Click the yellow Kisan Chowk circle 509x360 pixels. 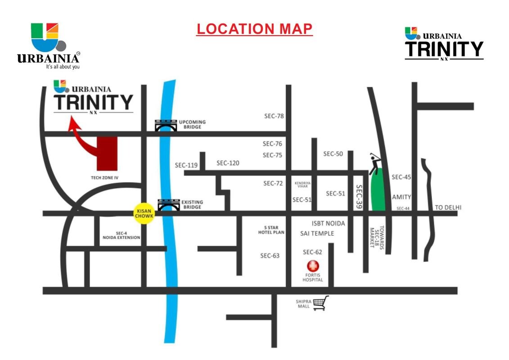pyautogui.click(x=145, y=213)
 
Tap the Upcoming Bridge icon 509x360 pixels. pyautogui.click(x=165, y=126)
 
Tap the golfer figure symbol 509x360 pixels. pyautogui.click(x=375, y=163)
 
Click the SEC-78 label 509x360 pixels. pyautogui.click(x=274, y=116)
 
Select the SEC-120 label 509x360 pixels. pyautogui.click(x=228, y=163)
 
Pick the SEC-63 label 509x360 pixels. pyautogui.click(x=270, y=256)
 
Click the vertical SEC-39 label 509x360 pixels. pyautogui.click(x=359, y=197)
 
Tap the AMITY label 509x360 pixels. pyautogui.click(x=401, y=197)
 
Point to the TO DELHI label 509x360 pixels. pyautogui.click(x=448, y=207)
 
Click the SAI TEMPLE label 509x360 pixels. pyautogui.click(x=317, y=233)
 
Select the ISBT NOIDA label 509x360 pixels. pyautogui.click(x=328, y=223)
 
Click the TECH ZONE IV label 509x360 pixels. pyautogui.click(x=104, y=178)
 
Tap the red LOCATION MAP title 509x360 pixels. pyautogui.click(x=254, y=29)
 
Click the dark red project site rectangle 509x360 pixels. pyautogui.click(x=107, y=153)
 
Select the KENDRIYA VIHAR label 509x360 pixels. pyautogui.click(x=302, y=184)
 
